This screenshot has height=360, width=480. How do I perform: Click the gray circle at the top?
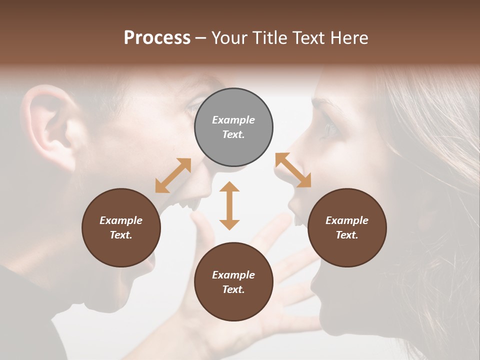233,127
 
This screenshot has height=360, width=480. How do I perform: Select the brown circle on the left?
121,228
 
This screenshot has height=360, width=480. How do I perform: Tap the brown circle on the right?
347,228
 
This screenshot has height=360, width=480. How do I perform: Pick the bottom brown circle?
233,282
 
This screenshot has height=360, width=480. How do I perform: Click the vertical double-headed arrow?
229,205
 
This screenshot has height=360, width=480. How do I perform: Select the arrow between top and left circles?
173,175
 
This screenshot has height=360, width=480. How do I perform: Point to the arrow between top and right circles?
293,170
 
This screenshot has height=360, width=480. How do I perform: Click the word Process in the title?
157,37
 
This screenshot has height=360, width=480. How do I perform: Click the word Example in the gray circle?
233,120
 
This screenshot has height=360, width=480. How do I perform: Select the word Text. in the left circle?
121,235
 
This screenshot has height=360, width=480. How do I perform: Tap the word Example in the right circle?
347,220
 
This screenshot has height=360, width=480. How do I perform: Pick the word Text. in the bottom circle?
233,289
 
